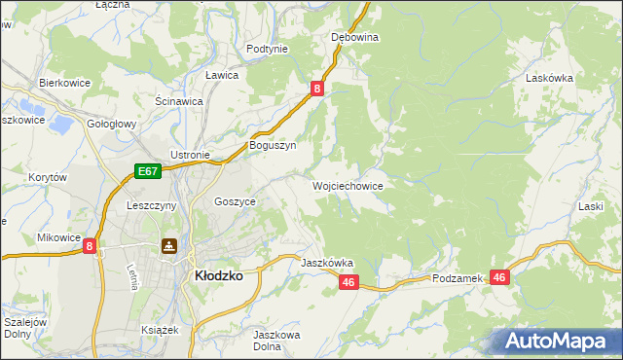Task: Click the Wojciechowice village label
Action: [348, 185]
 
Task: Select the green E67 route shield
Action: [147, 172]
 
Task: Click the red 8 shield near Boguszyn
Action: [317, 89]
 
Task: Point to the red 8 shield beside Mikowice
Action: [90, 247]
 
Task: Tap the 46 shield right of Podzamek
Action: [499, 277]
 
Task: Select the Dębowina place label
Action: [354, 37]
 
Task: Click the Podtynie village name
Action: [267, 49]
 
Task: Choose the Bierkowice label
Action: [64, 83]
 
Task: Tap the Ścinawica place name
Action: [178, 100]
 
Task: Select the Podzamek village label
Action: [458, 278]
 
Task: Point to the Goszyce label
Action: [235, 201]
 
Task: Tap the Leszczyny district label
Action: [151, 205]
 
